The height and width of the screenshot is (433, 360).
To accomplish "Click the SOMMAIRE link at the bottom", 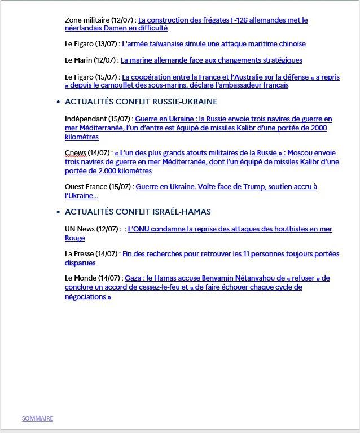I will pyautogui.click(x=37, y=418).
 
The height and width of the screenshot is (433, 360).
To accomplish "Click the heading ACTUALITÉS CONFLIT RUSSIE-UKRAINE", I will pyautogui.click(x=141, y=102).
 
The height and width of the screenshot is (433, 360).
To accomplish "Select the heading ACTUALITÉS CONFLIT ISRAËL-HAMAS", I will pyautogui.click(x=138, y=212).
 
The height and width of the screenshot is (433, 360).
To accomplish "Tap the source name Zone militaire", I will pyautogui.click(x=87, y=20).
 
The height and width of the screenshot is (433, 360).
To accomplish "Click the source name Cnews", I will pyautogui.click(x=75, y=152).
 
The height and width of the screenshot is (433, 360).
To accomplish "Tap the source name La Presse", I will pyautogui.click(x=80, y=253).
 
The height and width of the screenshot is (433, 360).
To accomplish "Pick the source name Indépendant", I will pyautogui.click(x=85, y=119).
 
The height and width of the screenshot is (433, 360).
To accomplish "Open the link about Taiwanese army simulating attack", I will pyautogui.click(x=214, y=43).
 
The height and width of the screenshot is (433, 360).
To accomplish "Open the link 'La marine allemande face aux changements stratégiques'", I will pyautogui.click(x=212, y=60).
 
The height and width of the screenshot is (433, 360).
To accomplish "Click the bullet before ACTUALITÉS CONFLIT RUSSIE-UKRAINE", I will pyautogui.click(x=59, y=102).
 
